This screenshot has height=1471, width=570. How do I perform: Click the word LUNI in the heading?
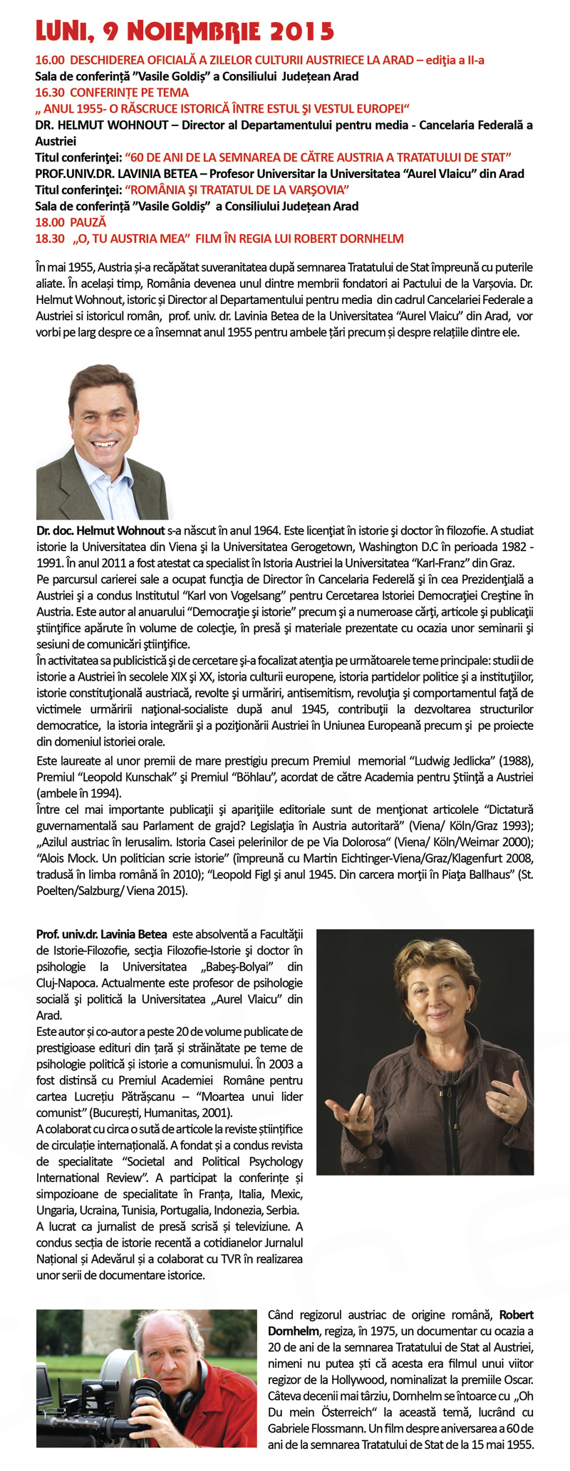[60, 31]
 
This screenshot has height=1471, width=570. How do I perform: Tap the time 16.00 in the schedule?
[48, 61]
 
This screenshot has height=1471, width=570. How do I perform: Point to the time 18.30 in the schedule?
[50, 239]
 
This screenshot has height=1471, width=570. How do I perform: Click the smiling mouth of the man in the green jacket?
[105, 444]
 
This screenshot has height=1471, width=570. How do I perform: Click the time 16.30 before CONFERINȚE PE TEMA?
[48, 93]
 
